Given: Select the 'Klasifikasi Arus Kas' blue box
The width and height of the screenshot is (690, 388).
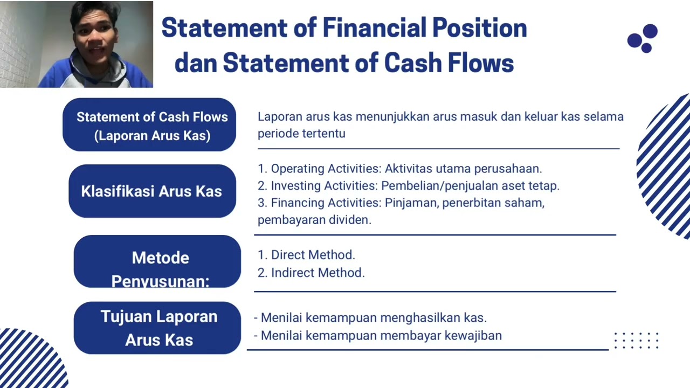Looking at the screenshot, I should pos(151,191).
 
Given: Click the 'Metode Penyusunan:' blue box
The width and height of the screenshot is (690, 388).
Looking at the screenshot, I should pos(157,261).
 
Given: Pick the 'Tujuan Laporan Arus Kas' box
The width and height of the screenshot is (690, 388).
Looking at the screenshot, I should pos(157,328).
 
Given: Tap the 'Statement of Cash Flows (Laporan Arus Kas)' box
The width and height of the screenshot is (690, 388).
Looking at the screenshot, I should pos(150,125).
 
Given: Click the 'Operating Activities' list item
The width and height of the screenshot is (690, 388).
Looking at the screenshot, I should pos(399,169).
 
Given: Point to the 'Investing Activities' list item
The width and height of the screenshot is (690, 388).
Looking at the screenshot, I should pos(409,186).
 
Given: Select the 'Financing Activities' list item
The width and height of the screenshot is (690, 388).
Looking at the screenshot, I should pos(401,203).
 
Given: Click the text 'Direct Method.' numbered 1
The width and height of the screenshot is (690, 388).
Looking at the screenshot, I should pos(307,255).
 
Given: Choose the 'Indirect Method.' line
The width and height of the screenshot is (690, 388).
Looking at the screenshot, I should pos(312,273).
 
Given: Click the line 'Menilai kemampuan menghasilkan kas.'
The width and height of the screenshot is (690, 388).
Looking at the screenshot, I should pos(370,318).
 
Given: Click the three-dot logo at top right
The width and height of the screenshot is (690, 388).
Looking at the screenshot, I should pos(643,38).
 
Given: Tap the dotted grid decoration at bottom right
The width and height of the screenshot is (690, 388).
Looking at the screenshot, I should pos(637,341).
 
